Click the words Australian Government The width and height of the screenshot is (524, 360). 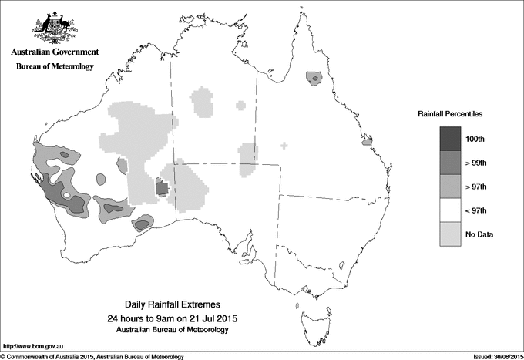click(55, 52)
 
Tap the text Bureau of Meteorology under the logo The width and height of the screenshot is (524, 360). click(55, 67)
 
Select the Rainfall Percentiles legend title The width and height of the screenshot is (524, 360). click(450, 113)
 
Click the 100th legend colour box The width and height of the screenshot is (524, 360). click(451, 139)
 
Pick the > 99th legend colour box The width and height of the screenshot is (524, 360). click(451, 163)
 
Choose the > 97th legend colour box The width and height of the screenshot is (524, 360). click(451, 187)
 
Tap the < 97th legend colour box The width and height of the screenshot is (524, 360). click(451, 210)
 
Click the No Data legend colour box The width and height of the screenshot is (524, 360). click(451, 234)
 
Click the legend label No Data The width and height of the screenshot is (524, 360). click(500, 234)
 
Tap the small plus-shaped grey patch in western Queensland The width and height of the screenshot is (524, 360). click(285, 145)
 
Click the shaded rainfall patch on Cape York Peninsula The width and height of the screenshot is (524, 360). click(313, 78)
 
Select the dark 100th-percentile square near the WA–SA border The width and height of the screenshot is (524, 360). click(162, 187)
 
